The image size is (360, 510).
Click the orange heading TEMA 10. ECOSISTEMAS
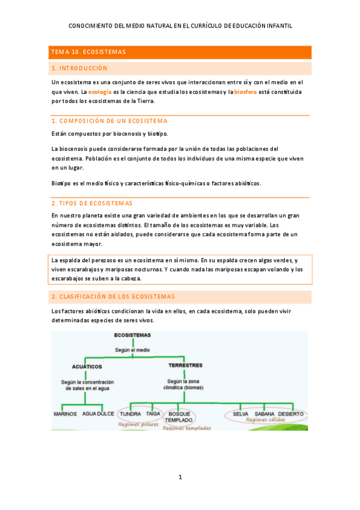[x=88, y=52]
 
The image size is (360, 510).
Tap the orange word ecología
[x=99, y=91]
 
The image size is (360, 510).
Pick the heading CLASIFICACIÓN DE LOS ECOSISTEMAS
[x=113, y=296]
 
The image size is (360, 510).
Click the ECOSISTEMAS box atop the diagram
[x=132, y=335]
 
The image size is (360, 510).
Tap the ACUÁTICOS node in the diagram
[x=87, y=366]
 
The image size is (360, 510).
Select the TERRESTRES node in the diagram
[x=185, y=365]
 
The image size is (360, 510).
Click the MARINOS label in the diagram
[x=65, y=414]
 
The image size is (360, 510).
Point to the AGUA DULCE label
[x=98, y=414]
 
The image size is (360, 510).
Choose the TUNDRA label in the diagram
[x=130, y=414]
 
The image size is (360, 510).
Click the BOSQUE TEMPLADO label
[x=179, y=417]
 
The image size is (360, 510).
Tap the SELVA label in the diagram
[x=240, y=414]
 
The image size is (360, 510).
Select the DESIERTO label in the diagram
[x=291, y=414]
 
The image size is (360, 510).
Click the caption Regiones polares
[x=139, y=424]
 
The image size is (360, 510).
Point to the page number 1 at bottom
[x=180, y=477]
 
